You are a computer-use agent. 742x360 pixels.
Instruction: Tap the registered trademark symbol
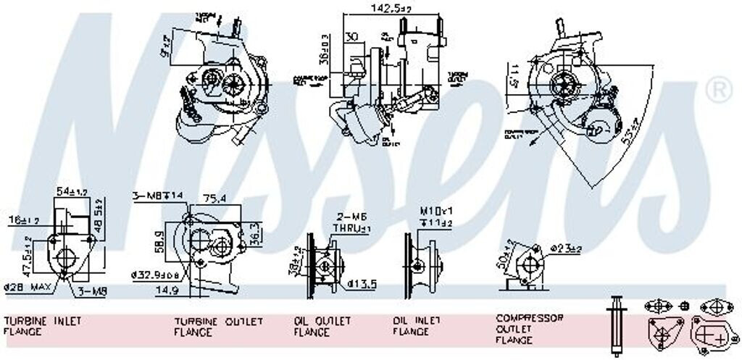(718, 91)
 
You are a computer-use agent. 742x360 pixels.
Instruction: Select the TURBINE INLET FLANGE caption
(43, 325)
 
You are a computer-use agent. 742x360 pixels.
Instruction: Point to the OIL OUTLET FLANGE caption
(322, 326)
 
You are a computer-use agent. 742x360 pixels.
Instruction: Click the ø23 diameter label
(565, 248)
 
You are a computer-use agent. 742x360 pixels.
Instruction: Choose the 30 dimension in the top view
(353, 37)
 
